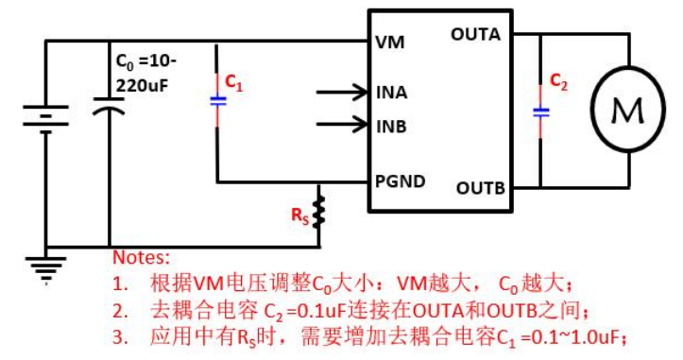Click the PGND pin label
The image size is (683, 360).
tap(400, 180)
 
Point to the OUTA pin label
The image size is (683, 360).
tap(476, 35)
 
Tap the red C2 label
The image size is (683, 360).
tap(559, 80)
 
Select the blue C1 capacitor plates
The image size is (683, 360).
tap(218, 98)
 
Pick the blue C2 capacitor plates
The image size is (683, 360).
tap(541, 111)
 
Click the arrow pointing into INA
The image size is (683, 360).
tap(344, 92)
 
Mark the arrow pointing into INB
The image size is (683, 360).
tap(344, 124)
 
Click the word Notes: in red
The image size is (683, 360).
tap(142, 257)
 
